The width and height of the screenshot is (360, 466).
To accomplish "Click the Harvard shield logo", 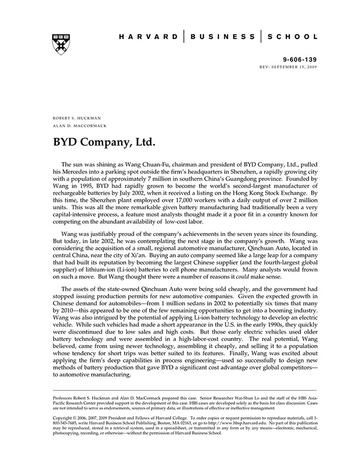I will coord(61,44).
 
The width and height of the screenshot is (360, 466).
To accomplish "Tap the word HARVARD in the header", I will coord(148,37).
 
